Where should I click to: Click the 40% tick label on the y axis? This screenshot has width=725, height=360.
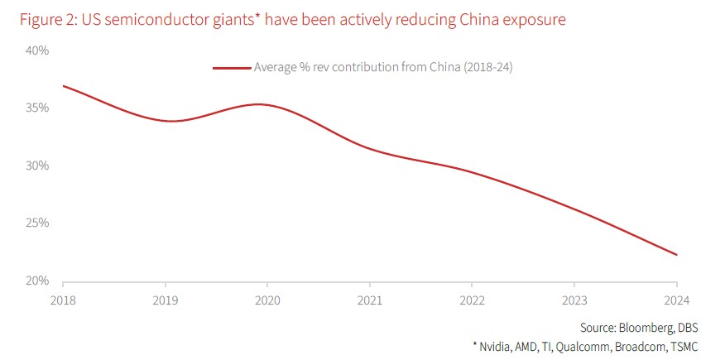point(37,50)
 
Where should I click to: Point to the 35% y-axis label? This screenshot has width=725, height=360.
point(37,108)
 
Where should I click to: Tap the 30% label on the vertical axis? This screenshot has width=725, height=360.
point(37,166)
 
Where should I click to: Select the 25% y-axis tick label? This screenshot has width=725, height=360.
point(37,223)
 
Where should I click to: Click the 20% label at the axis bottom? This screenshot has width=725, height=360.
point(37,281)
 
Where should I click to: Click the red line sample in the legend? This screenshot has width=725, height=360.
point(232,68)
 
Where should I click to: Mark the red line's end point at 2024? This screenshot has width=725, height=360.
point(677,255)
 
